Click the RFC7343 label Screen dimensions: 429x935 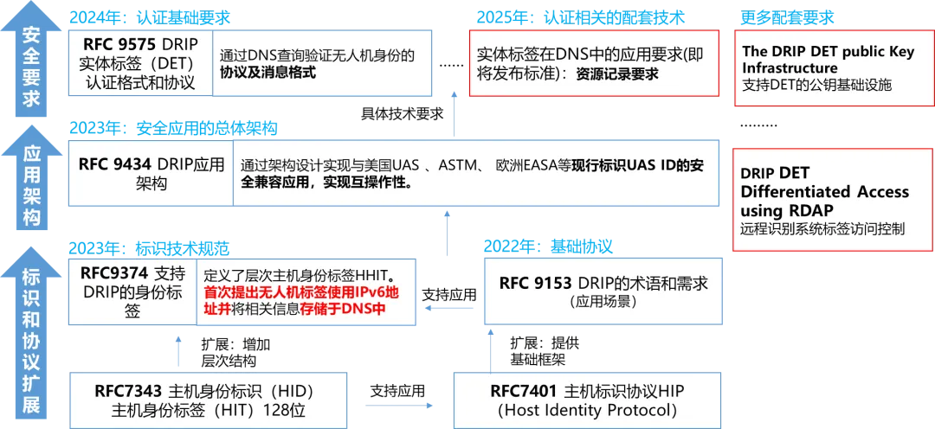point(128,390)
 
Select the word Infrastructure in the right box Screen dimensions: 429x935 point(790,67)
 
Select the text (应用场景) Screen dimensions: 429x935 point(603,302)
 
